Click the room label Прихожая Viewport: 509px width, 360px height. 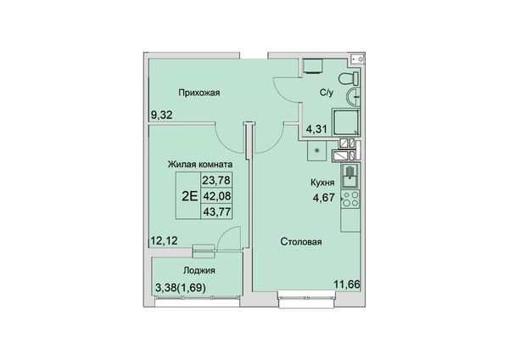coord(199,93)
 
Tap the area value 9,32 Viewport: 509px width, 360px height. coord(162,115)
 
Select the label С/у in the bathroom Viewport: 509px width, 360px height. coord(327,93)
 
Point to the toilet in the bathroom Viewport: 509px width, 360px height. coord(349,79)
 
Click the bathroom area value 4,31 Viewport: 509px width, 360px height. coord(316,130)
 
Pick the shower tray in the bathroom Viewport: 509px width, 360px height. coord(346,122)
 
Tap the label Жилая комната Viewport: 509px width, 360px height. coord(200,165)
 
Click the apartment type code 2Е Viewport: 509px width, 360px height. coord(189,196)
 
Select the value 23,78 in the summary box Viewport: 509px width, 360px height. coord(216,180)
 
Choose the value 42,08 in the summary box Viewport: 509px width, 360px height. coord(216,196)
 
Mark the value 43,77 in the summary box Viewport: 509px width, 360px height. coord(216,212)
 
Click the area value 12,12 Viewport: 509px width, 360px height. coord(165,241)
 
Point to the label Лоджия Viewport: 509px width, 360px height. coord(199,271)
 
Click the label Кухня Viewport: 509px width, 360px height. coord(322,183)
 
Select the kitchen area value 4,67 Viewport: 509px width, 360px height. coord(324,198)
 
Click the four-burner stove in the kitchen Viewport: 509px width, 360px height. coord(350,200)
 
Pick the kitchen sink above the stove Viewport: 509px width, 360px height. coord(350,176)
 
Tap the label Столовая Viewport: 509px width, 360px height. coord(301,242)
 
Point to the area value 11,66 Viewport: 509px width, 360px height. coord(347,284)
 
